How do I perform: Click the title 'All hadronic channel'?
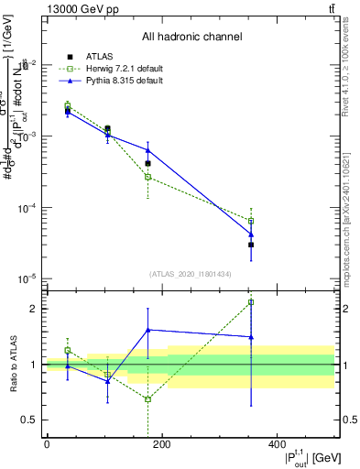(x=191, y=38)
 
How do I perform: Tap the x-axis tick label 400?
(x=278, y=444)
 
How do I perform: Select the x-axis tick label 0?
(x=47, y=444)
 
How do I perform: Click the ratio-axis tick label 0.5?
(x=29, y=420)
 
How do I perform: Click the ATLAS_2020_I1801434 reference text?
(x=191, y=274)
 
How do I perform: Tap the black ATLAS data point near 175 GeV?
(x=147, y=164)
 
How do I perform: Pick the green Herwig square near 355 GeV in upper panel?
(x=251, y=221)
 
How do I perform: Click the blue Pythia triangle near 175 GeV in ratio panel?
(x=147, y=330)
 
